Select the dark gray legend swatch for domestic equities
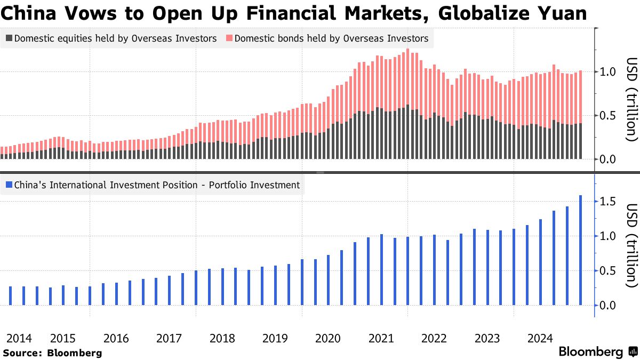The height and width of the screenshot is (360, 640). (9, 38)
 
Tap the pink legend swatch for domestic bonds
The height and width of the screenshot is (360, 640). (229, 38)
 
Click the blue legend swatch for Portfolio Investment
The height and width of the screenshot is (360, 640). (9, 186)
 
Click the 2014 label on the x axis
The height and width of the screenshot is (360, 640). (19, 338)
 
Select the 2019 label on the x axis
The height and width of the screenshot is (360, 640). (276, 338)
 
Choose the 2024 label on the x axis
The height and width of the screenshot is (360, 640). (540, 338)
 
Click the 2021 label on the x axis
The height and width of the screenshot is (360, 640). (381, 338)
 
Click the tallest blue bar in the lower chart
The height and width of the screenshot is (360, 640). (580, 251)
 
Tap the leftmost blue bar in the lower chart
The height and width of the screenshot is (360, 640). (11, 296)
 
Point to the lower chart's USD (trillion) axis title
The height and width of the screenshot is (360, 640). (631, 245)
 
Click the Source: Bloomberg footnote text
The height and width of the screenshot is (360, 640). (52, 353)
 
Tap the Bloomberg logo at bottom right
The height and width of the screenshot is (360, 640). (597, 352)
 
